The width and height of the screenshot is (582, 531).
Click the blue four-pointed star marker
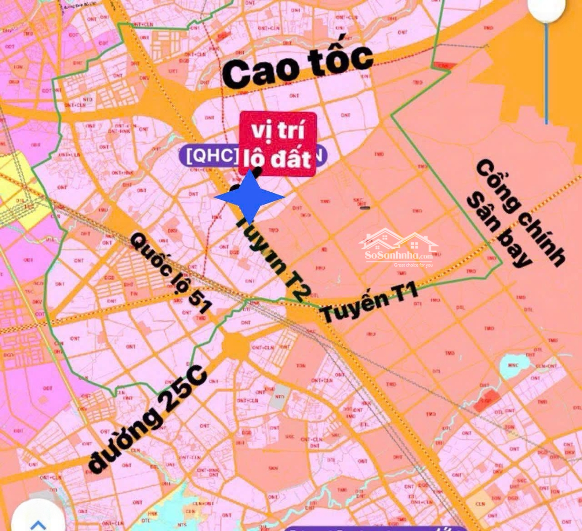[x=250, y=197]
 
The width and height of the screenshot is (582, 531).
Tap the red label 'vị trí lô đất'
[x=278, y=144]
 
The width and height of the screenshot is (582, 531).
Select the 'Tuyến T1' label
[x=369, y=305]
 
